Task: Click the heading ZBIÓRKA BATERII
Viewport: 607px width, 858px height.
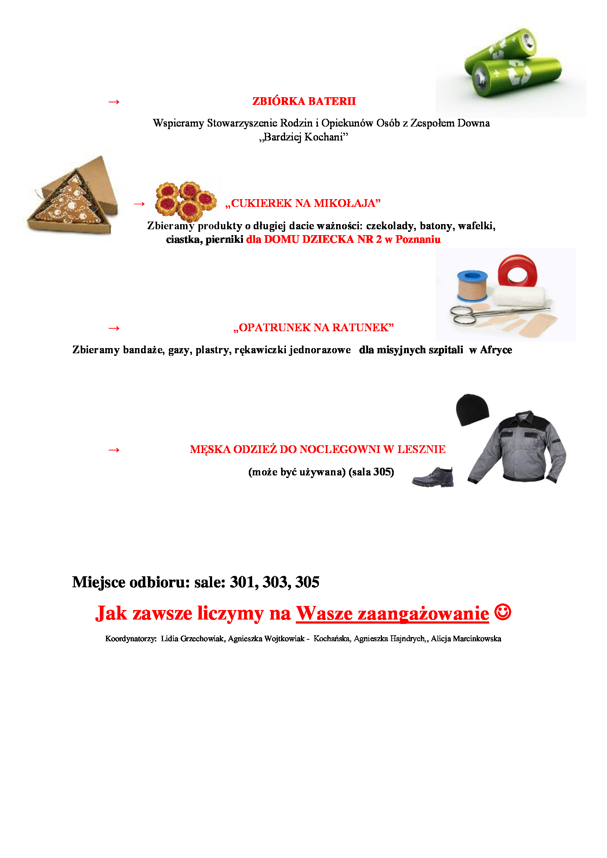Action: tap(304, 101)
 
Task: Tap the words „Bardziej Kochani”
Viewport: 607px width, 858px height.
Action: tap(304, 137)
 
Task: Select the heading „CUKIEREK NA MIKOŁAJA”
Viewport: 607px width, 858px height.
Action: tap(303, 203)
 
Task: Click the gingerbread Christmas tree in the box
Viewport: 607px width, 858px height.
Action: tap(69, 202)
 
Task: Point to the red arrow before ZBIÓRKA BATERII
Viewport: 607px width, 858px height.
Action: tap(114, 102)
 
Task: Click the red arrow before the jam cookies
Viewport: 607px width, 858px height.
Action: tap(139, 204)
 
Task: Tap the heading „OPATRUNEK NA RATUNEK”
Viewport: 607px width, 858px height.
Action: tap(313, 328)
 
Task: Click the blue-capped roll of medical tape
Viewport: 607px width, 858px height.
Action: tap(472, 286)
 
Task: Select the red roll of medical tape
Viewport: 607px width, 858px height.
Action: tap(517, 271)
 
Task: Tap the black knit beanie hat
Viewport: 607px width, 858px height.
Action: tap(472, 410)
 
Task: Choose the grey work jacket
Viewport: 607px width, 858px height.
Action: tap(518, 448)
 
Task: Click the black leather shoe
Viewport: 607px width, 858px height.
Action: tap(433, 477)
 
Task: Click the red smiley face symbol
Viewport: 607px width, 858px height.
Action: tap(503, 612)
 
